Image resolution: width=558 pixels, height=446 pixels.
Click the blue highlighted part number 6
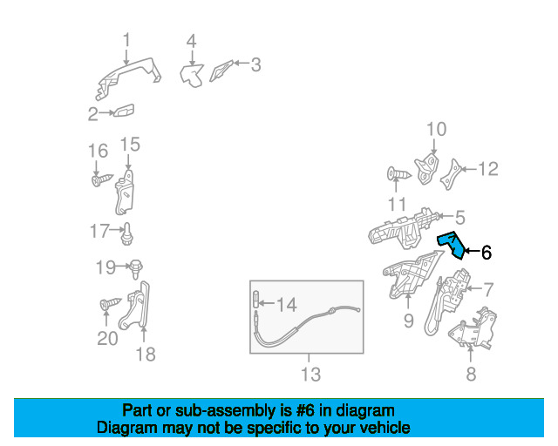point(453,244)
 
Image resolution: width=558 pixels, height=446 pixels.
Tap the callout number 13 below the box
point(310,374)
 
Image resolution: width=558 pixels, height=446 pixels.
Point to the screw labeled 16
point(102,179)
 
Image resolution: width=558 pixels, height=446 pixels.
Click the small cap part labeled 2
point(124,111)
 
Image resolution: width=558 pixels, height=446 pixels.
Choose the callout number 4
point(192,41)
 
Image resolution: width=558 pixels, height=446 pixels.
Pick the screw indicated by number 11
point(398,174)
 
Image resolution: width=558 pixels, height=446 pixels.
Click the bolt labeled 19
point(136,269)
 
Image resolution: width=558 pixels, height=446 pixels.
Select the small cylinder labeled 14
point(255,299)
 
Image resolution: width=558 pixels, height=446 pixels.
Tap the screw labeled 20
point(111,303)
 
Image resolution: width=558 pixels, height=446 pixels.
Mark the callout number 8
point(471,374)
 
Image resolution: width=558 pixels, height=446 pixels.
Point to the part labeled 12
point(451,175)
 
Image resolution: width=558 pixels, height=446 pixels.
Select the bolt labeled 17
point(127,234)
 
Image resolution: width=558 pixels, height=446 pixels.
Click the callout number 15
point(130,145)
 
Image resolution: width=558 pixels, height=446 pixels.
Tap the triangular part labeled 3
point(221,71)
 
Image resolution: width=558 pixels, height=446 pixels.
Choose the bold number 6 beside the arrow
point(487,252)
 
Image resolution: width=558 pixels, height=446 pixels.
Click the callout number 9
point(409,321)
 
